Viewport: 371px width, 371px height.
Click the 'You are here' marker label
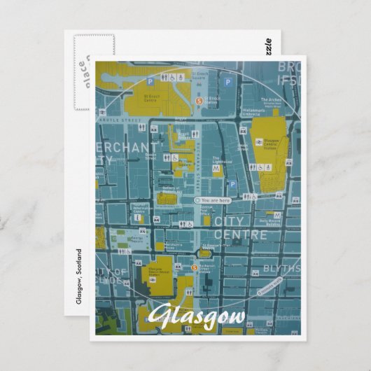(215, 200)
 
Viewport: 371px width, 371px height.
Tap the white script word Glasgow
(197, 316)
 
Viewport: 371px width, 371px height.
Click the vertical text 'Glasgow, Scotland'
(78, 276)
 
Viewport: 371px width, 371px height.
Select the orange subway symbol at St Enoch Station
(199, 101)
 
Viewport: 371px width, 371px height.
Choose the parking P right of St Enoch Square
(227, 82)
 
